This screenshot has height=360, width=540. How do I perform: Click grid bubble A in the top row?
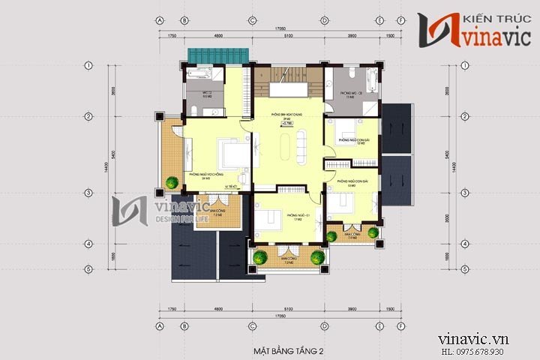click(160, 20)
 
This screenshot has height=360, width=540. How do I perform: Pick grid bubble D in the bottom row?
click(324, 327)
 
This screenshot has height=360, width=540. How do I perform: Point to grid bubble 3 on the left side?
click(88, 193)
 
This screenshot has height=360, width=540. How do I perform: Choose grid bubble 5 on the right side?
click(466, 268)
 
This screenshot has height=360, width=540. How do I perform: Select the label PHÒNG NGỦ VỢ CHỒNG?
click(208, 174)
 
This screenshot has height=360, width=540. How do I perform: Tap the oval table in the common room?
click(285, 145)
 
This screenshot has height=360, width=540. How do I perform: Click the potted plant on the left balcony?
click(172, 181)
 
